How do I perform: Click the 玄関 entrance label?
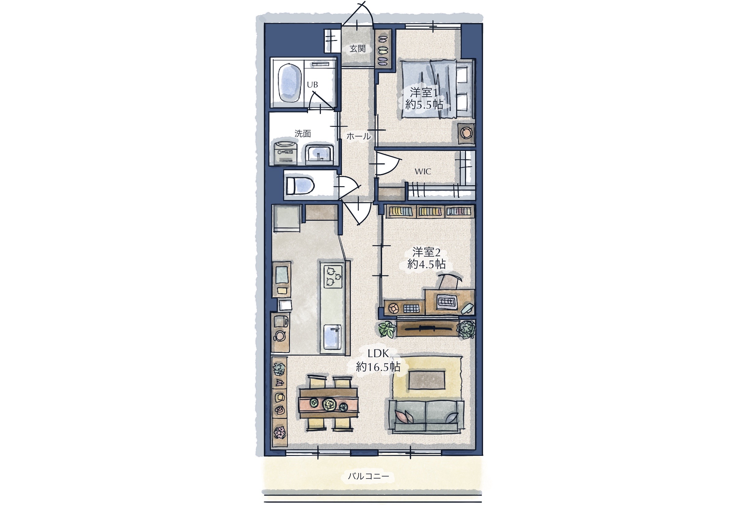click(x=357, y=49)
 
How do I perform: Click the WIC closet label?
click(x=422, y=172)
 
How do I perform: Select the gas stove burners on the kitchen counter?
click(x=333, y=276)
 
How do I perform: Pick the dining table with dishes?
click(x=328, y=403)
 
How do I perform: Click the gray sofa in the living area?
click(x=426, y=416)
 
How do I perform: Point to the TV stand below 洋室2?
click(x=426, y=328)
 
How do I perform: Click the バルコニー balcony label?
click(x=368, y=476)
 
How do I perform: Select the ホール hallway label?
click(x=358, y=136)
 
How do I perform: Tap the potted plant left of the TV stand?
click(x=387, y=329)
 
